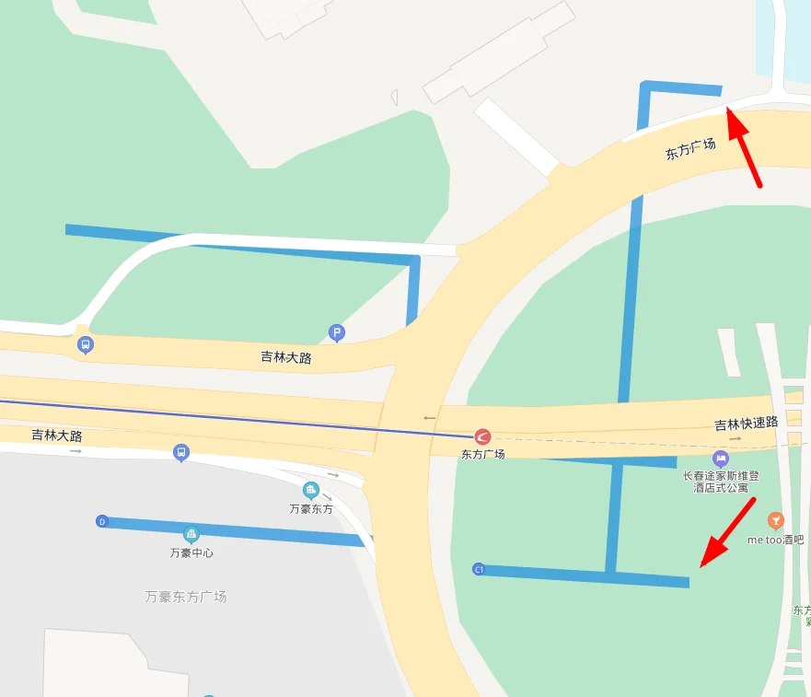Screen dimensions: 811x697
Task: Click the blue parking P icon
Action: (337, 332)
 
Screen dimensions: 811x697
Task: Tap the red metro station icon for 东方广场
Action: (482, 436)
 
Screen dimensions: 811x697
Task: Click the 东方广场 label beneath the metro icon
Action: (482, 454)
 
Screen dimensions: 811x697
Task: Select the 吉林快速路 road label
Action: (746, 424)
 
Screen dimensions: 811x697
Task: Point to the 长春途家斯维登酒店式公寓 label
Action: (721, 482)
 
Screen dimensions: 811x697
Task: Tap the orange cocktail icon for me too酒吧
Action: (775, 520)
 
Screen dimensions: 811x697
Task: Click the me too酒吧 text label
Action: (775, 540)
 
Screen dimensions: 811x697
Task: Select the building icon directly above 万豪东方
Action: (310, 490)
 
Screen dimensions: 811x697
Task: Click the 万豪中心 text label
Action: (191, 553)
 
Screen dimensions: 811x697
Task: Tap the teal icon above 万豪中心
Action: (191, 534)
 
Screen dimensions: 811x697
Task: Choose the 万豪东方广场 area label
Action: (186, 597)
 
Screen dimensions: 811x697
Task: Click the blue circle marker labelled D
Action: (102, 522)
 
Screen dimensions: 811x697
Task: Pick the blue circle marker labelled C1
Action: (479, 570)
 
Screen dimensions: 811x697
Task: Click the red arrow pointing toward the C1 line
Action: (728, 532)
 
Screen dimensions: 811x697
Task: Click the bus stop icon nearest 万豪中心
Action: (181, 453)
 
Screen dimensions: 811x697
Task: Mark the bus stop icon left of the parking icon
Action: (86, 345)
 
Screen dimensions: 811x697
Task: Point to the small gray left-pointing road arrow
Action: (429, 418)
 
